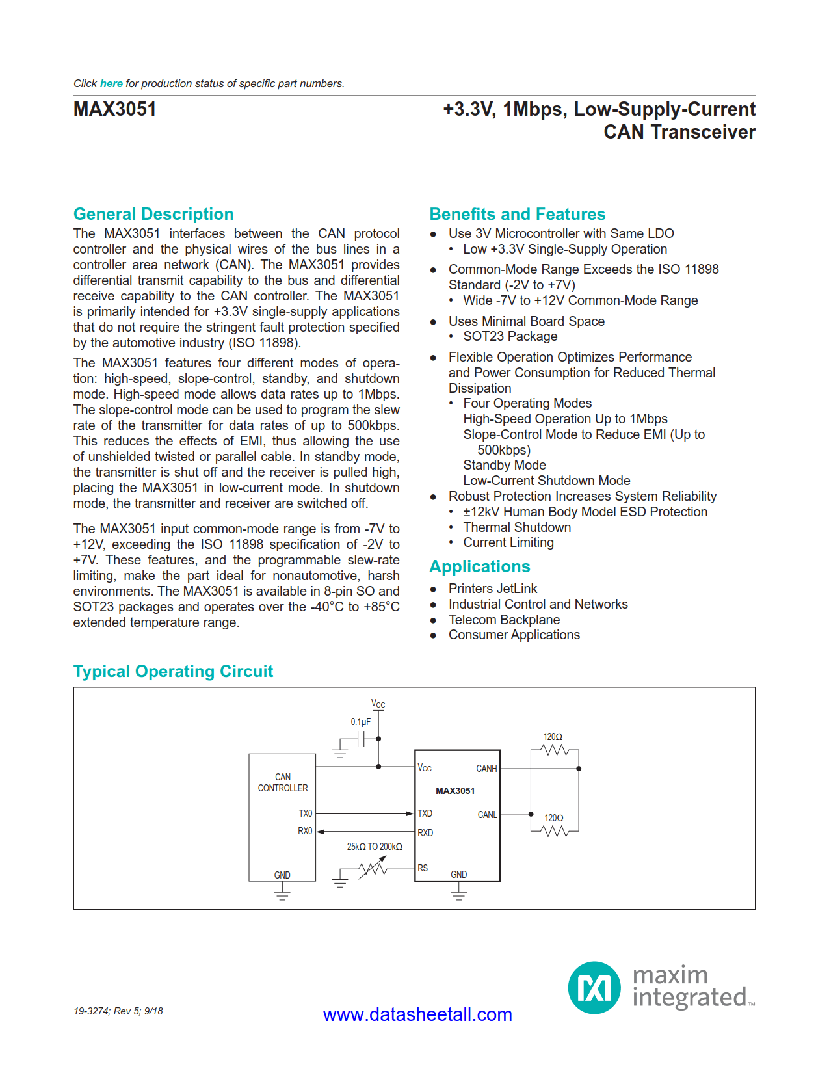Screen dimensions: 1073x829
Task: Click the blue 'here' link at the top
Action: tap(111, 83)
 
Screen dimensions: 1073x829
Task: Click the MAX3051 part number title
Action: tap(115, 109)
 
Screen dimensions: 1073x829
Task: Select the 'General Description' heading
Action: tap(153, 214)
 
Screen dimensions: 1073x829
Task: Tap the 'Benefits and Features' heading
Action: tap(517, 214)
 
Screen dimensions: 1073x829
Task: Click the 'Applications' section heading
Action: tap(479, 566)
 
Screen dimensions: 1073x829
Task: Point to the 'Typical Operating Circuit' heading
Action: tap(173, 671)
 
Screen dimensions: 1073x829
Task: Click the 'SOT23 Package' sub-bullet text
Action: tap(510, 336)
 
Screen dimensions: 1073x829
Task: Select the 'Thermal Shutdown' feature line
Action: tap(517, 527)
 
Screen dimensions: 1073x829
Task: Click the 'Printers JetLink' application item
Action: tap(492, 589)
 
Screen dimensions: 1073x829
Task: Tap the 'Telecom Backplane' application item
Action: tap(504, 620)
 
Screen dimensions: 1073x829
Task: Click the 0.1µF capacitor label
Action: tap(360, 722)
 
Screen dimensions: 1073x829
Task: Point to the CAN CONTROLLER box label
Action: tap(283, 782)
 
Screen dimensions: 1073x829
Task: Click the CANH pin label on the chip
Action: tap(486, 769)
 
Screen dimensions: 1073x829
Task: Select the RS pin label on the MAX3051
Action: tap(423, 868)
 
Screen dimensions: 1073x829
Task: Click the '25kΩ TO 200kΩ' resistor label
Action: tap(375, 847)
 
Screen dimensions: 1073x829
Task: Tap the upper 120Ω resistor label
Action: tap(553, 737)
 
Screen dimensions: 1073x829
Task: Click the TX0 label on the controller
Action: tap(305, 814)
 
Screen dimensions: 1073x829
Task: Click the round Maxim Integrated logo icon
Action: tap(594, 988)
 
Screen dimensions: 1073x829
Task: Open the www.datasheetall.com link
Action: tap(417, 1014)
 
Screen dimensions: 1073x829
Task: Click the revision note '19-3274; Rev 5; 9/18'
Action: tap(118, 1011)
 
